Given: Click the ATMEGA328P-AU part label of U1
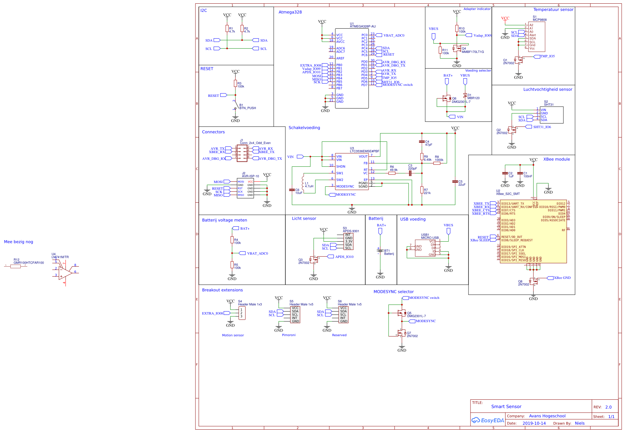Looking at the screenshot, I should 363,27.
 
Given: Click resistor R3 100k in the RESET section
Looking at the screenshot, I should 235,84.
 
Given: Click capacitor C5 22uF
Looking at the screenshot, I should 455,182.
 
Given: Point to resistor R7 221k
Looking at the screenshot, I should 422,190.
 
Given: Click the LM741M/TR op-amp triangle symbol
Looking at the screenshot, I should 65,272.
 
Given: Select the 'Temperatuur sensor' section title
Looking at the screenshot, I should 553,10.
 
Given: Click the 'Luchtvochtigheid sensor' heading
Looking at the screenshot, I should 547,90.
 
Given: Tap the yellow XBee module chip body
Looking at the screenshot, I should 533,233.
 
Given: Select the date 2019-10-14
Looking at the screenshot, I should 534,423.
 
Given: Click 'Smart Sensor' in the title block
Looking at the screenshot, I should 506,407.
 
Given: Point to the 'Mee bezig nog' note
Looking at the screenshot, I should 19,242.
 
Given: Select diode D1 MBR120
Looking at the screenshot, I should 465,95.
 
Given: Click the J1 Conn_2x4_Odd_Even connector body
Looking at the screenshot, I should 242,153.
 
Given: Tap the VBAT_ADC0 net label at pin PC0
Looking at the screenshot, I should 394,36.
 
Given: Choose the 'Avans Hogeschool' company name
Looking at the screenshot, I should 547,416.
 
